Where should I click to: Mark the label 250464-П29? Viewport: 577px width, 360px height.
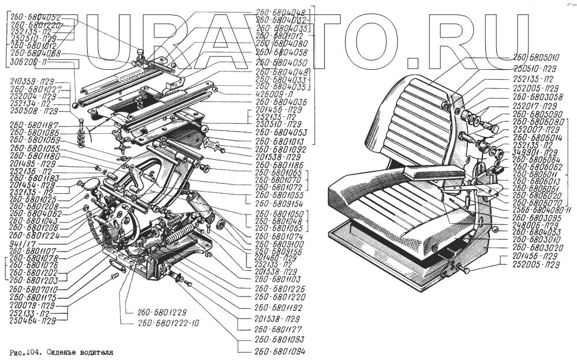coord(33,321)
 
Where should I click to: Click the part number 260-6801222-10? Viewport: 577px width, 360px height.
coord(168,323)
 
